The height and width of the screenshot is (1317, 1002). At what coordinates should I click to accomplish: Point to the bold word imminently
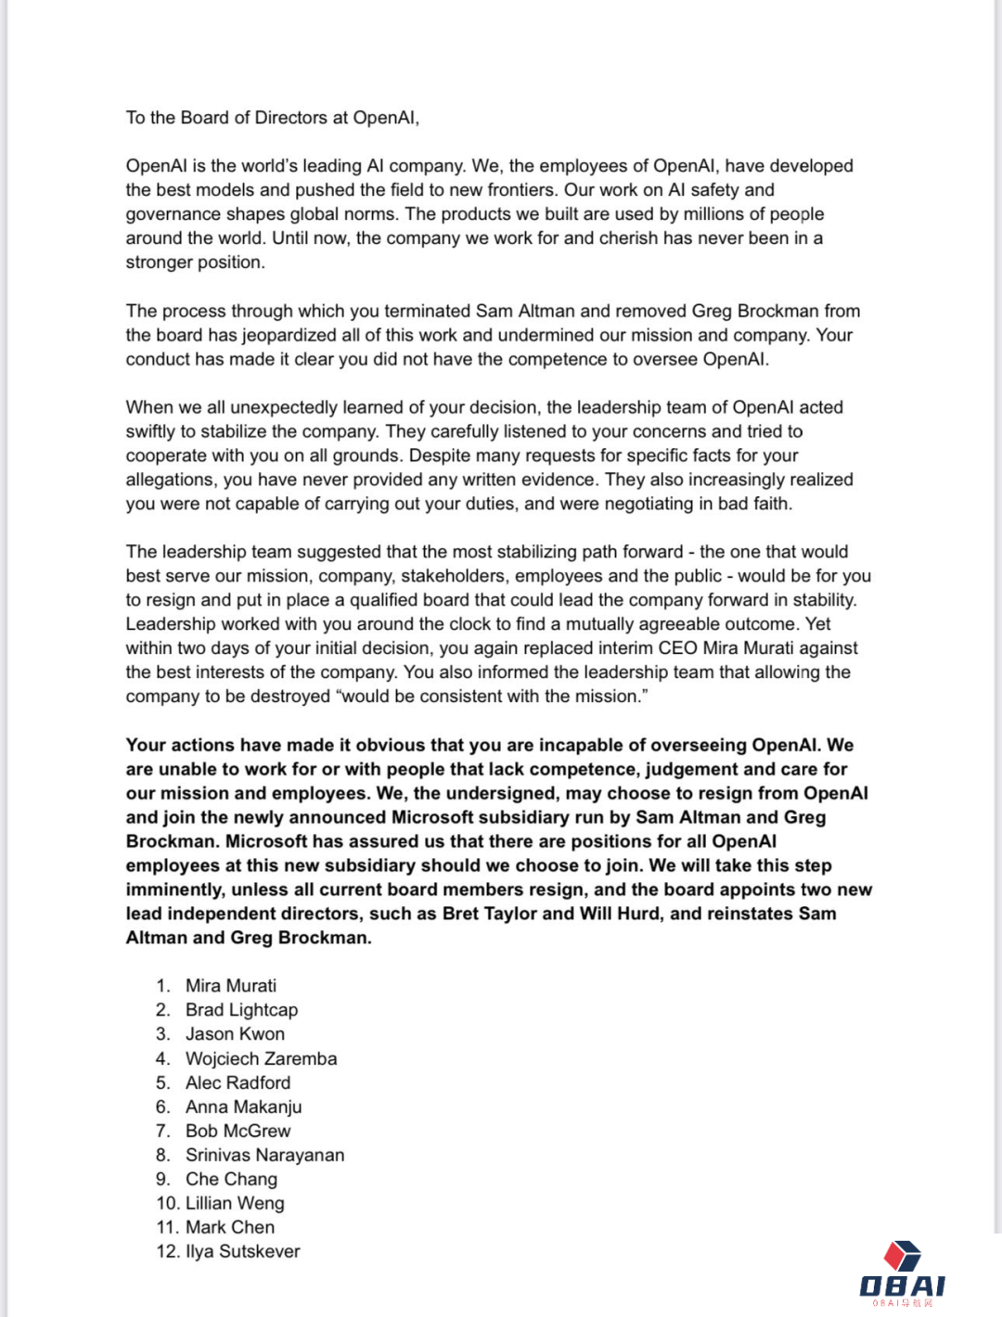coord(174,889)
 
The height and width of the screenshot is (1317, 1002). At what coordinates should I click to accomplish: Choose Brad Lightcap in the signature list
coord(241,1010)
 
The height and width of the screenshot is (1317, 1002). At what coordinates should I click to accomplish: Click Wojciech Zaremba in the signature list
coord(261,1058)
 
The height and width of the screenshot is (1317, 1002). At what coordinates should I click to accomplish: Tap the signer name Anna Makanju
coord(243,1106)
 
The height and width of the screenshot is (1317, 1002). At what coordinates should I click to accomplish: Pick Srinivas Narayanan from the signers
coord(264,1155)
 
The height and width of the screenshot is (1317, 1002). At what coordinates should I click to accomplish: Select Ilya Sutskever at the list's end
coord(242,1251)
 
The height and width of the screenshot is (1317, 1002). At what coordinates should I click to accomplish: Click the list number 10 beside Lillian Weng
coord(167,1203)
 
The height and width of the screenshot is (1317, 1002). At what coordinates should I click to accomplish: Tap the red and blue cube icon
coord(902,1256)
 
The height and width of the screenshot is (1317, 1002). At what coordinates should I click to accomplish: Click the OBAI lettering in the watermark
coord(902,1285)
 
